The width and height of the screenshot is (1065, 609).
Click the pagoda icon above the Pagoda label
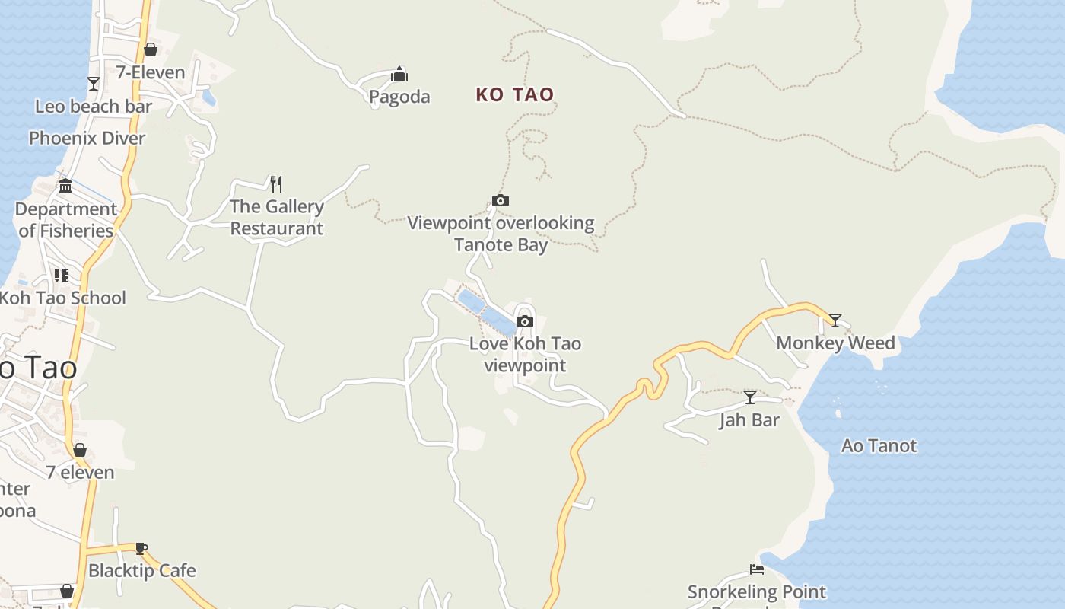click(399, 74)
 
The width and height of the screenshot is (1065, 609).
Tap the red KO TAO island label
click(515, 94)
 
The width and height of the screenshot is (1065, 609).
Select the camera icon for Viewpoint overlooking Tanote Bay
click(501, 201)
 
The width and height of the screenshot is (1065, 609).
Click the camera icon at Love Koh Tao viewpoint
click(525, 321)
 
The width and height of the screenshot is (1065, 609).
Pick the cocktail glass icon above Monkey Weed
click(835, 320)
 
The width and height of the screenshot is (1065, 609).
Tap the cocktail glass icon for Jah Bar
click(750, 397)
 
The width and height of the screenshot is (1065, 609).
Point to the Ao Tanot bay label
click(879, 446)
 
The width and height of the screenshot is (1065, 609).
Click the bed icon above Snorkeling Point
click(757, 569)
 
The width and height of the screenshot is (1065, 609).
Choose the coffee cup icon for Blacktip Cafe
click(141, 548)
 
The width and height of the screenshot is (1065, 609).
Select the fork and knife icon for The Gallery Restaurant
click(276, 183)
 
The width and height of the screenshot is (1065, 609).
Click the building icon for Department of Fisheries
click(65, 186)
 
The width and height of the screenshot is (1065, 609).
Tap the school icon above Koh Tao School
click(62, 276)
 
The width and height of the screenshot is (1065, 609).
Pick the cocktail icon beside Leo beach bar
click(94, 84)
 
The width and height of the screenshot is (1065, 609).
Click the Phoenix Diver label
click(87, 138)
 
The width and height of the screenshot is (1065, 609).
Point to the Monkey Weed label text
click(835, 343)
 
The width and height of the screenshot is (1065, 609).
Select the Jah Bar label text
click(749, 420)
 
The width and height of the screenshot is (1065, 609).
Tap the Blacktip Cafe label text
click(142, 570)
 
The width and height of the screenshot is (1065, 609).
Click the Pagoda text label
click(399, 97)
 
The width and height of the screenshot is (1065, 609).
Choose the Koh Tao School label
click(62, 298)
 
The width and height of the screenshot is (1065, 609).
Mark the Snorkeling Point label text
click(757, 591)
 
